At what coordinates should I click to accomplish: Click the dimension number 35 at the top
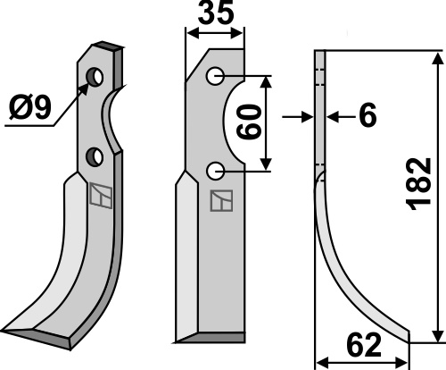click(x=216, y=13)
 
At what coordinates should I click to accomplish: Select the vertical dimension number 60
click(x=250, y=122)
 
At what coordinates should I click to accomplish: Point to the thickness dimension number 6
click(x=368, y=116)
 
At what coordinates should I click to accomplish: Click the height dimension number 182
click(x=419, y=184)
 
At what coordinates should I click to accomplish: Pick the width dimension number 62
click(x=364, y=346)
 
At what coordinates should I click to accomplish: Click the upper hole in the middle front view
click(x=215, y=76)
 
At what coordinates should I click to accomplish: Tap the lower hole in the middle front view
click(x=215, y=171)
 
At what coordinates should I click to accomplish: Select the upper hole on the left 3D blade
click(x=95, y=77)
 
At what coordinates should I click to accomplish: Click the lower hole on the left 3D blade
click(x=95, y=156)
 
